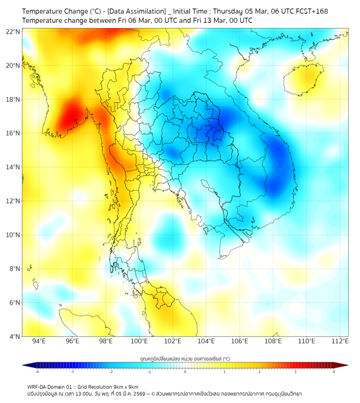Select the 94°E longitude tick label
(39, 341)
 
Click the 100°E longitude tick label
(140, 341)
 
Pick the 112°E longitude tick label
(340, 341)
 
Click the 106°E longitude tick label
(240, 341)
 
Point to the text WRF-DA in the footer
(37, 386)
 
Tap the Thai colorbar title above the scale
(185, 359)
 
